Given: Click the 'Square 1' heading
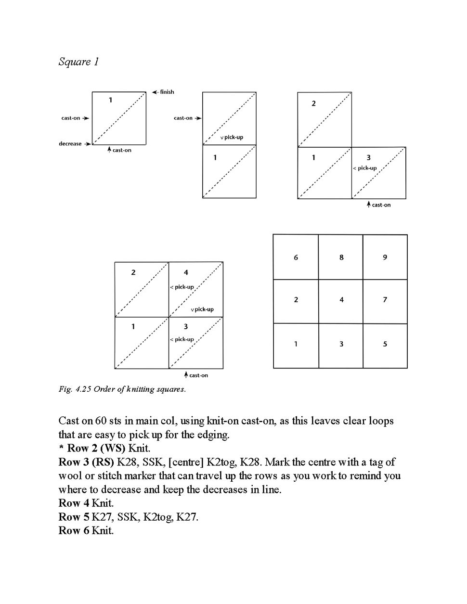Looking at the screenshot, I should pos(78,62).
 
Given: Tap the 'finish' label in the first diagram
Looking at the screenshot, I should pos(167,92).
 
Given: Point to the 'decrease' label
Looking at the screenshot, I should pos(70,144).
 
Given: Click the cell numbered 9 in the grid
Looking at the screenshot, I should pos(385,257).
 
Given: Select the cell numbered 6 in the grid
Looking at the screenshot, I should pos(296,257).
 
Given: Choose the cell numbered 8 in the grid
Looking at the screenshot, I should pos(341,257).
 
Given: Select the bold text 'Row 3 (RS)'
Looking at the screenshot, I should pos(86,463).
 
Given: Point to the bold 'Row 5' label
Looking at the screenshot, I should pos(74,517).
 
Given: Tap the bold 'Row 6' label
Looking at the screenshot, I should pos(74,531).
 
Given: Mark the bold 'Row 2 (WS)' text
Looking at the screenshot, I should pos(96,449).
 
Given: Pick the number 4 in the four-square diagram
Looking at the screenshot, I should pos(186,272).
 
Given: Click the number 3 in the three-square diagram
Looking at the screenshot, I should pos(368,157).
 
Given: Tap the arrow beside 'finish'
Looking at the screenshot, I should pos(155,92).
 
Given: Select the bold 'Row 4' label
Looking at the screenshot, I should pos(74,503).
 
